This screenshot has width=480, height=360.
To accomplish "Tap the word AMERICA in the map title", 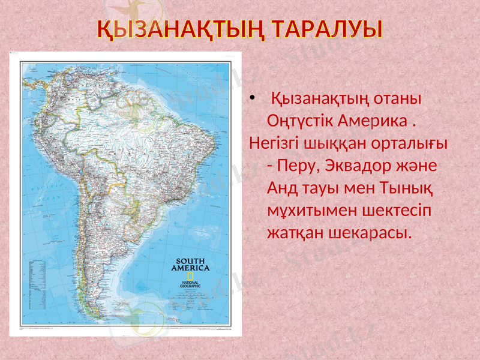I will point(190,268).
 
